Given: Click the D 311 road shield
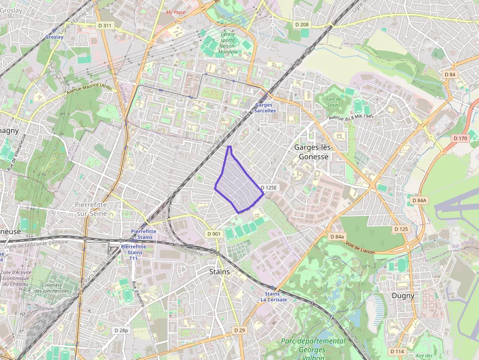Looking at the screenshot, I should (x=105, y=25).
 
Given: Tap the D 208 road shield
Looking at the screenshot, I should (x=302, y=24).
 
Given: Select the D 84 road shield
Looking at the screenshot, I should (x=450, y=74).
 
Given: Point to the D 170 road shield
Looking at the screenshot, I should (x=460, y=138).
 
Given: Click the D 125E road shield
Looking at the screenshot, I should (x=269, y=188).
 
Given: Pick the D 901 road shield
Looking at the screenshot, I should (x=214, y=234).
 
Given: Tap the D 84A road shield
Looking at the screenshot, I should (x=419, y=200).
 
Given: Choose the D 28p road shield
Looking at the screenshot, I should (x=121, y=330).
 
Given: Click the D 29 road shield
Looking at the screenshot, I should (x=239, y=330).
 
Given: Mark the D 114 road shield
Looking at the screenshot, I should (x=397, y=351).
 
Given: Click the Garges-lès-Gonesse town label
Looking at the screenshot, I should (x=313, y=152).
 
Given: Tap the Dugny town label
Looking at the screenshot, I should (x=403, y=296).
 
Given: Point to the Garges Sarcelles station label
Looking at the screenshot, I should (x=265, y=107).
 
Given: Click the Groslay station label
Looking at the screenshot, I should (x=54, y=37).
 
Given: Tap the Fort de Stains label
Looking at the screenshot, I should (x=334, y=102).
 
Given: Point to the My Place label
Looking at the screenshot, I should (x=175, y=12).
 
